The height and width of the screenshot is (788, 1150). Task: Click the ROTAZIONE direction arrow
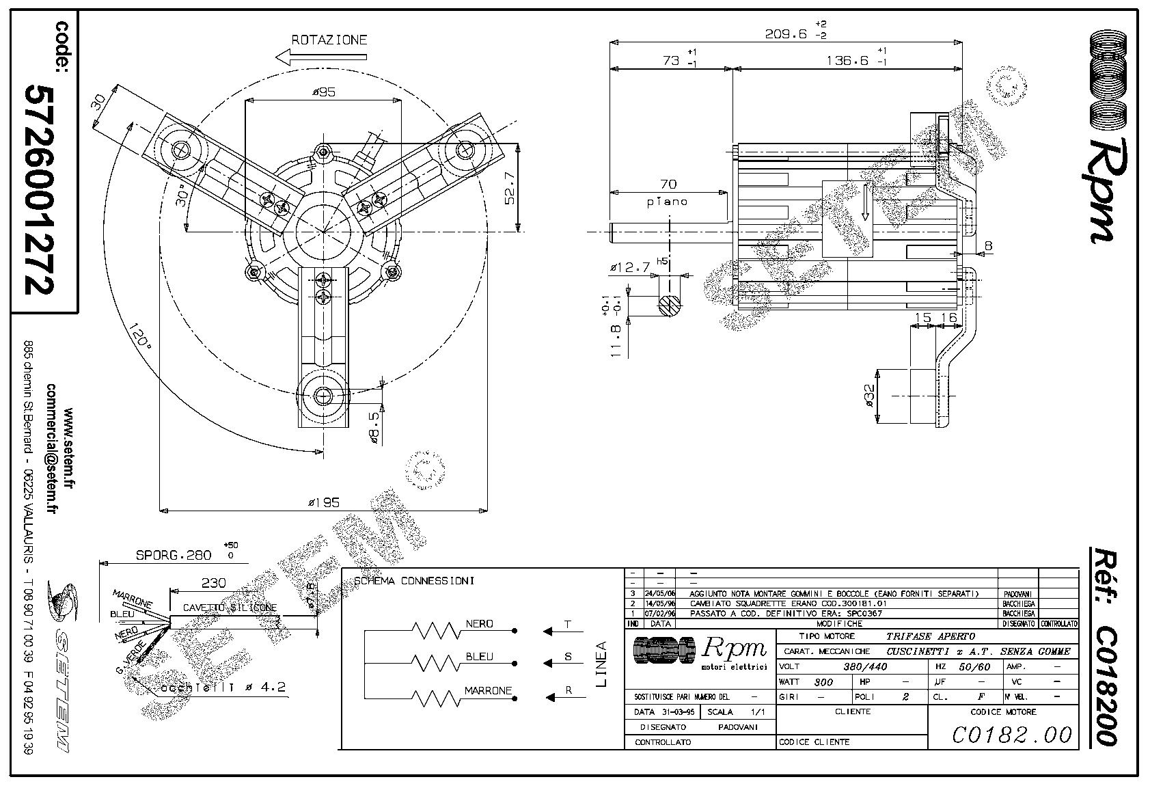[x=321, y=57]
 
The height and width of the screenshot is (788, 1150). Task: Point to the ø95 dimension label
[x=324, y=92]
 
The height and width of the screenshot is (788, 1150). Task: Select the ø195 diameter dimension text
[x=323, y=503]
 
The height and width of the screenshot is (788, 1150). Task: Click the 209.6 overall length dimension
[x=786, y=33]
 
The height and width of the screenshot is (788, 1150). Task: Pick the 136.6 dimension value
[x=847, y=60]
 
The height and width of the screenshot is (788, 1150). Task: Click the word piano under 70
[x=666, y=202]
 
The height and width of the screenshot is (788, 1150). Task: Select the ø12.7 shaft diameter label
[x=629, y=268]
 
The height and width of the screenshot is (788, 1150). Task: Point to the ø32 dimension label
[x=869, y=395]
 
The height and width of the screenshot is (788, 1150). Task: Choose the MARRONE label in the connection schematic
[x=488, y=691]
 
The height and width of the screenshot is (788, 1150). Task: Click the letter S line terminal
[x=568, y=657]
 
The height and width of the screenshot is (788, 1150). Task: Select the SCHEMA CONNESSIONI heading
[x=414, y=581]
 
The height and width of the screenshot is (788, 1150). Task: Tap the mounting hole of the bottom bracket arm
[x=323, y=396]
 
